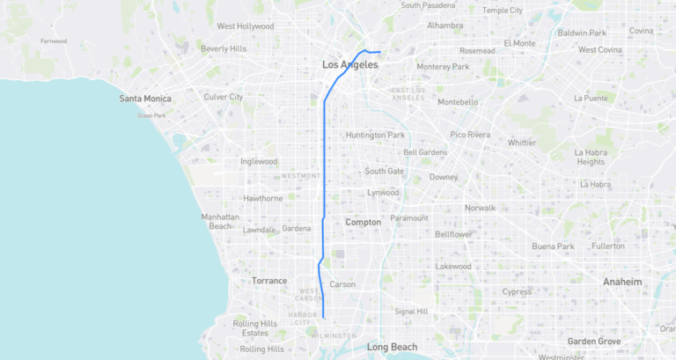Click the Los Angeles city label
350,64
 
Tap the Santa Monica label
145,99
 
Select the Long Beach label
392,347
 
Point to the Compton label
363,223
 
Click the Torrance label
269,281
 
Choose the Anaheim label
621,281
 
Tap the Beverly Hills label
223,48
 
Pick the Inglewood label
259,162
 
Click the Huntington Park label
375,135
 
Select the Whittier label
522,142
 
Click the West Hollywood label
246,26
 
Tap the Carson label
342,284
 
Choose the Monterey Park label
443,67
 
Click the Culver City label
223,97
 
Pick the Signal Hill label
411,311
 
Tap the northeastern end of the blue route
379,52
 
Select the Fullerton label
607,246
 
